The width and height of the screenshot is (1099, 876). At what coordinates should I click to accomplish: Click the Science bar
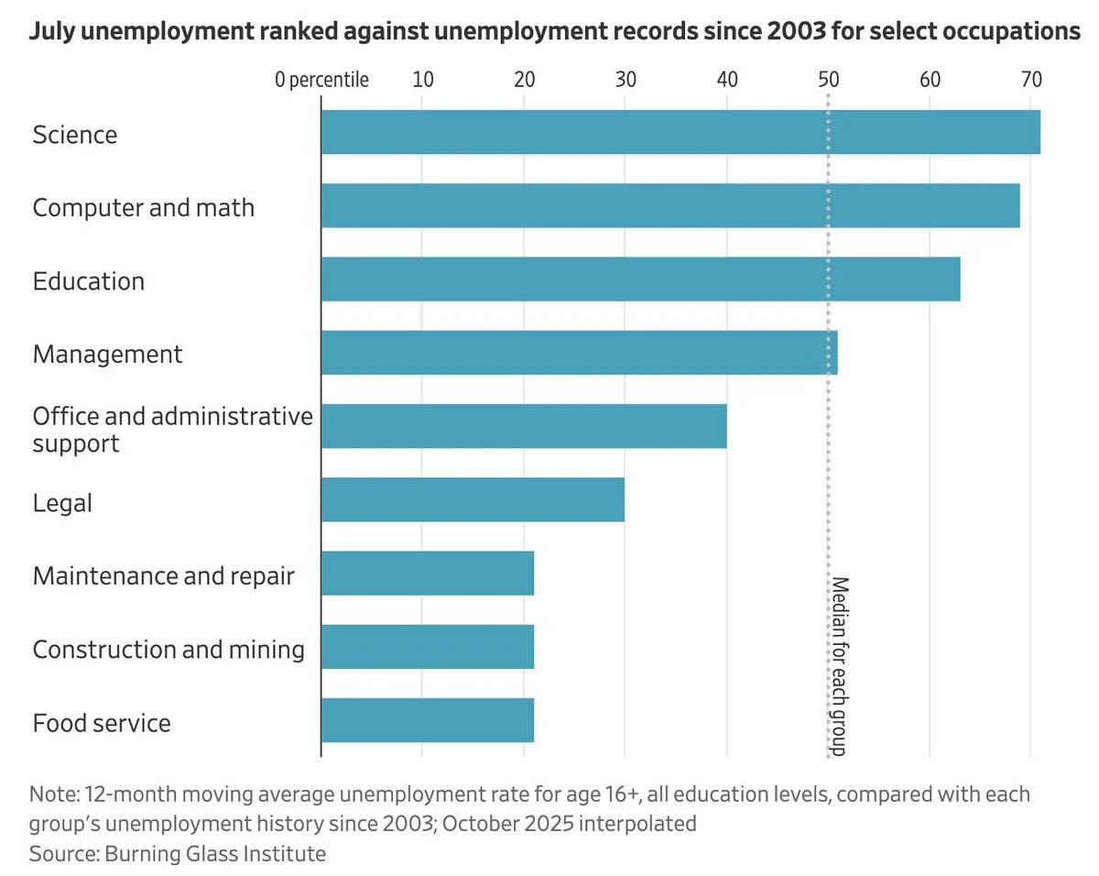[x=680, y=132]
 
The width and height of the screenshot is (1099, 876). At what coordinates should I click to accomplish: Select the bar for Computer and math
[x=670, y=205]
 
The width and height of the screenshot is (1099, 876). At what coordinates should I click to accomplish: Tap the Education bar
[x=641, y=279]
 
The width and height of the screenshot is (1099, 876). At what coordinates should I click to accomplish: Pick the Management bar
[x=580, y=353]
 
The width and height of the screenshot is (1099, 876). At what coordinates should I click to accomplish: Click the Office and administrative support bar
[x=524, y=426]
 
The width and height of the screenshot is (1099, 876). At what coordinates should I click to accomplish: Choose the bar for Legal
[x=473, y=499]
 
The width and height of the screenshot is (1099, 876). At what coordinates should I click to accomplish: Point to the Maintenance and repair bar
[x=428, y=573]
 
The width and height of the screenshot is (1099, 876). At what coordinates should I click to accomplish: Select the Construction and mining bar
[x=428, y=647]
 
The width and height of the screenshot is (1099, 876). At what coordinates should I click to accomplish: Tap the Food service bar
[x=428, y=720]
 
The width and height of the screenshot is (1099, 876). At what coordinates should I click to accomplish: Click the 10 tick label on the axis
[x=423, y=80]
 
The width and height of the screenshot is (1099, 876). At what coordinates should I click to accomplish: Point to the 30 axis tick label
[x=626, y=80]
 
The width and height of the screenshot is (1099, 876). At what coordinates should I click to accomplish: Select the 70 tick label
[x=1031, y=80]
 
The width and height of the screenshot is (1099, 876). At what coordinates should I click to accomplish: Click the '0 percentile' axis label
[x=321, y=81]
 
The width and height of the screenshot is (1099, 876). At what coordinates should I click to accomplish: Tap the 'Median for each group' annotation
[x=840, y=666]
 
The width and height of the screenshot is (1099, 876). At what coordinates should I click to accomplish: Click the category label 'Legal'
[x=62, y=503]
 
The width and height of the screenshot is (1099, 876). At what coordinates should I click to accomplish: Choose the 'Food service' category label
[x=102, y=723]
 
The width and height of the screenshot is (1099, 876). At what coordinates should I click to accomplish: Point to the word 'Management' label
[x=107, y=355]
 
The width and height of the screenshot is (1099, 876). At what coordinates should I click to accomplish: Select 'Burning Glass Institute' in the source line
[x=215, y=854]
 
